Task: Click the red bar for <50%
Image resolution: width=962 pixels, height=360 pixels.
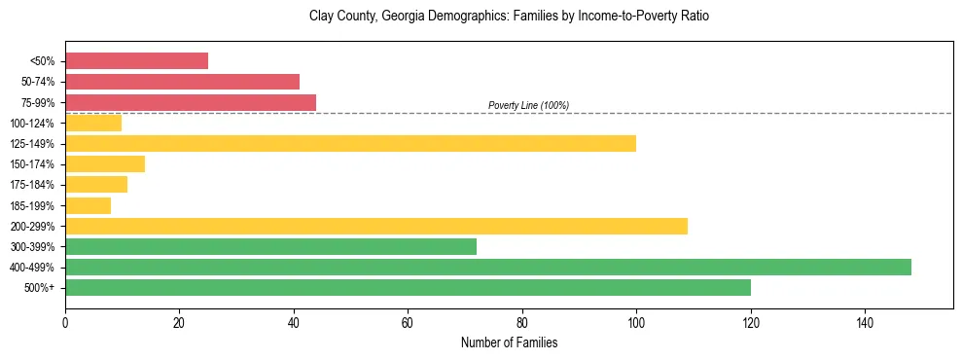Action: click(136, 61)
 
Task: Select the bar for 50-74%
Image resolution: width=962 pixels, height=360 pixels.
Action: click(182, 82)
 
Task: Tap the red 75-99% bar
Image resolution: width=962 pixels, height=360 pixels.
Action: click(191, 102)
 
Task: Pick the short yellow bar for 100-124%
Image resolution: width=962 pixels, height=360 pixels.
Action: click(93, 123)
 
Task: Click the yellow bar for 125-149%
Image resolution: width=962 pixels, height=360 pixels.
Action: click(350, 143)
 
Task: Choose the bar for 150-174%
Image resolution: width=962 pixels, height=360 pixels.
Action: click(105, 163)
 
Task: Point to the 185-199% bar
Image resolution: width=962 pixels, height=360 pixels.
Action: click(88, 205)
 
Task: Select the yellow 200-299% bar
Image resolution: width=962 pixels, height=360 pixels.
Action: click(376, 226)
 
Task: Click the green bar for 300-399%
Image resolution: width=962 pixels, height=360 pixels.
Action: click(270, 246)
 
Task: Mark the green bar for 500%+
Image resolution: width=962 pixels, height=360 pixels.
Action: click(408, 287)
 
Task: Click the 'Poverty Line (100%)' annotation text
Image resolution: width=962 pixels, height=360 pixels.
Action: click(528, 105)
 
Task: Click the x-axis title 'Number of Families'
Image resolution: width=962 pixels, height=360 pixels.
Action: click(509, 342)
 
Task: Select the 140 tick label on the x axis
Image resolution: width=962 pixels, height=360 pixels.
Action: click(865, 323)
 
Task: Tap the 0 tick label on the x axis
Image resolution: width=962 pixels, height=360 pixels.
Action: click(65, 323)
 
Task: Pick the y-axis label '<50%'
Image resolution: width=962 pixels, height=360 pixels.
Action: click(45, 61)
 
